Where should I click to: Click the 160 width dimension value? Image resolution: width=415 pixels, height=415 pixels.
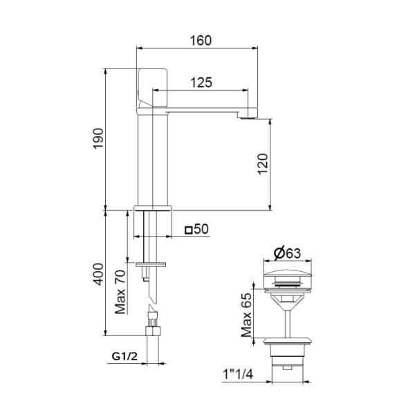[199, 41]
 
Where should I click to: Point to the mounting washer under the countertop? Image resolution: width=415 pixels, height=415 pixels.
[151, 264]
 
